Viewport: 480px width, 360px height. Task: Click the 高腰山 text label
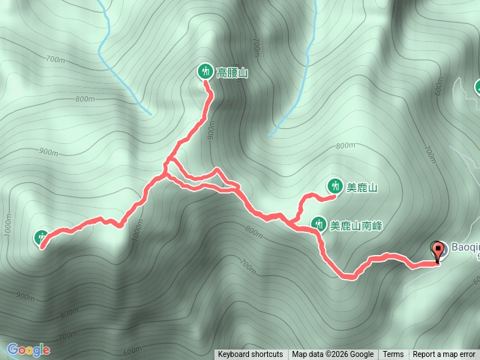coord(232,73)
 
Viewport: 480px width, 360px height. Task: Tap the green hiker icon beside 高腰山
coord(205,72)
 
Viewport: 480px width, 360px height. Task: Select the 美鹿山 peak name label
coord(362,187)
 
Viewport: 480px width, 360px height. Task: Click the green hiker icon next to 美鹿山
coord(334,186)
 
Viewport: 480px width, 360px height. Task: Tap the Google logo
coord(28,349)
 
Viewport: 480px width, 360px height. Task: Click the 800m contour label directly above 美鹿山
coord(346,146)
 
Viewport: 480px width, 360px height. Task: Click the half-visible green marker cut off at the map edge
coord(477,88)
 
